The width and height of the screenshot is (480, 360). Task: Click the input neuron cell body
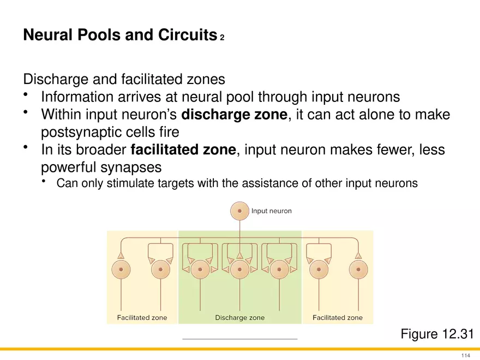tap(239, 211)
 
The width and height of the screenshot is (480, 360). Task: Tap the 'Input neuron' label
tap(271, 211)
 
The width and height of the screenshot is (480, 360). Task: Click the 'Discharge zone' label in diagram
tap(239, 317)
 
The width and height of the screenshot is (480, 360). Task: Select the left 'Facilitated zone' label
tap(142, 317)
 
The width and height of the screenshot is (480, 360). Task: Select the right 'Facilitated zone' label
tap(337, 317)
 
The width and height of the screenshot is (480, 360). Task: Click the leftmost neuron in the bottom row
tap(121, 269)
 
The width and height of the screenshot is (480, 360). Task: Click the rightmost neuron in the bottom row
tap(358, 269)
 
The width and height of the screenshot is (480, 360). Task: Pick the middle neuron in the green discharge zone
tap(239, 269)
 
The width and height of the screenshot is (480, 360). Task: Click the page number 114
tap(465, 356)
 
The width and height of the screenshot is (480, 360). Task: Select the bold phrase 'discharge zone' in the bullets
tap(233, 115)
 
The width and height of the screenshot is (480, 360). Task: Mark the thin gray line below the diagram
tap(239, 339)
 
